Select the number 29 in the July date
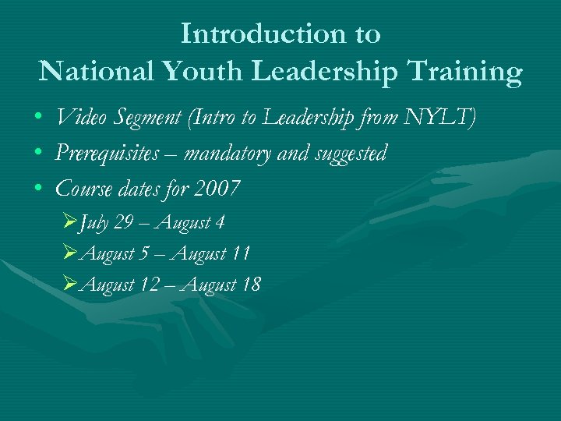[123, 222]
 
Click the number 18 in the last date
[251, 285]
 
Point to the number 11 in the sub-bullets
[241, 253]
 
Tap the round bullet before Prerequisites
[38, 154]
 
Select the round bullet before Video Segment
[38, 119]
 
